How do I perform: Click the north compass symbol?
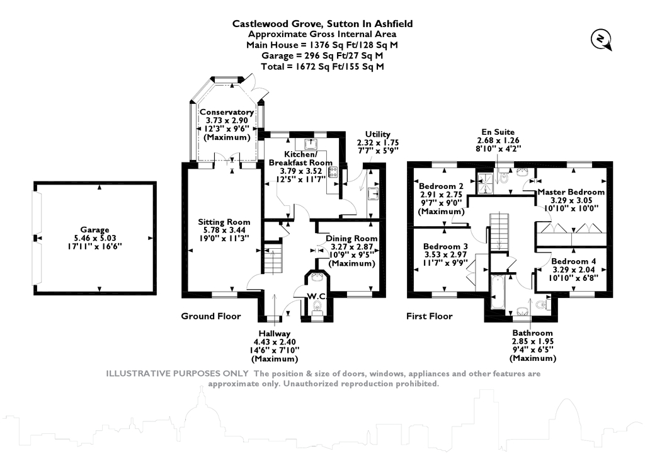[600, 40]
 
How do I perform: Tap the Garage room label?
[94, 230]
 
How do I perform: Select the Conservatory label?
[227, 112]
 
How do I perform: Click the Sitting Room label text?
[224, 222]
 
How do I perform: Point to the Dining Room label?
[351, 238]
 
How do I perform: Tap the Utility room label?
[378, 134]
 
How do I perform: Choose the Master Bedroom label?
[571, 192]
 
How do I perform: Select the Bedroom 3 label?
[445, 246]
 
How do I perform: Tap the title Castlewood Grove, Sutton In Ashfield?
[322, 23]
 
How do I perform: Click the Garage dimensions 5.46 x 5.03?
[94, 239]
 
